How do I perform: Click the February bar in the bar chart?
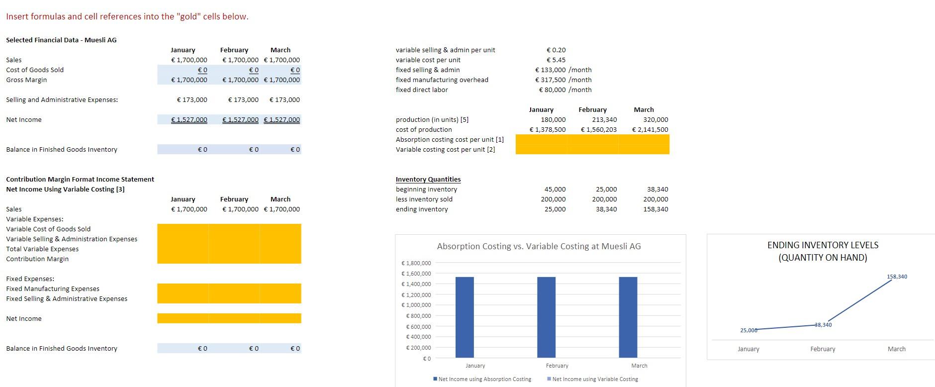(546, 317)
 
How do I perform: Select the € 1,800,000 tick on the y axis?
(416, 263)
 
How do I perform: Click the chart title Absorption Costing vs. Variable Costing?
(539, 246)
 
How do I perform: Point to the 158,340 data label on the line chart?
(897, 277)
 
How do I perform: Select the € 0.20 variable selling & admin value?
(556, 50)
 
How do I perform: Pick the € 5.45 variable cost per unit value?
(556, 60)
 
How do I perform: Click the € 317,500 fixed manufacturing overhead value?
(551, 80)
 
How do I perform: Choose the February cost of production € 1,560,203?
(599, 129)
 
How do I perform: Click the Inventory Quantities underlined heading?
(428, 179)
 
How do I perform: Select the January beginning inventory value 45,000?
(555, 189)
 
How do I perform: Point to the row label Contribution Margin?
(37, 259)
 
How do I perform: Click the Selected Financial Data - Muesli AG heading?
(61, 40)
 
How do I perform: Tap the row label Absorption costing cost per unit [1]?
(450, 139)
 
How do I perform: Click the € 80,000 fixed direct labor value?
(553, 90)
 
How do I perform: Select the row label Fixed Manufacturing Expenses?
(53, 289)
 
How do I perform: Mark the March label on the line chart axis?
(896, 349)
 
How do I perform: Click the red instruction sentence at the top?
(127, 16)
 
